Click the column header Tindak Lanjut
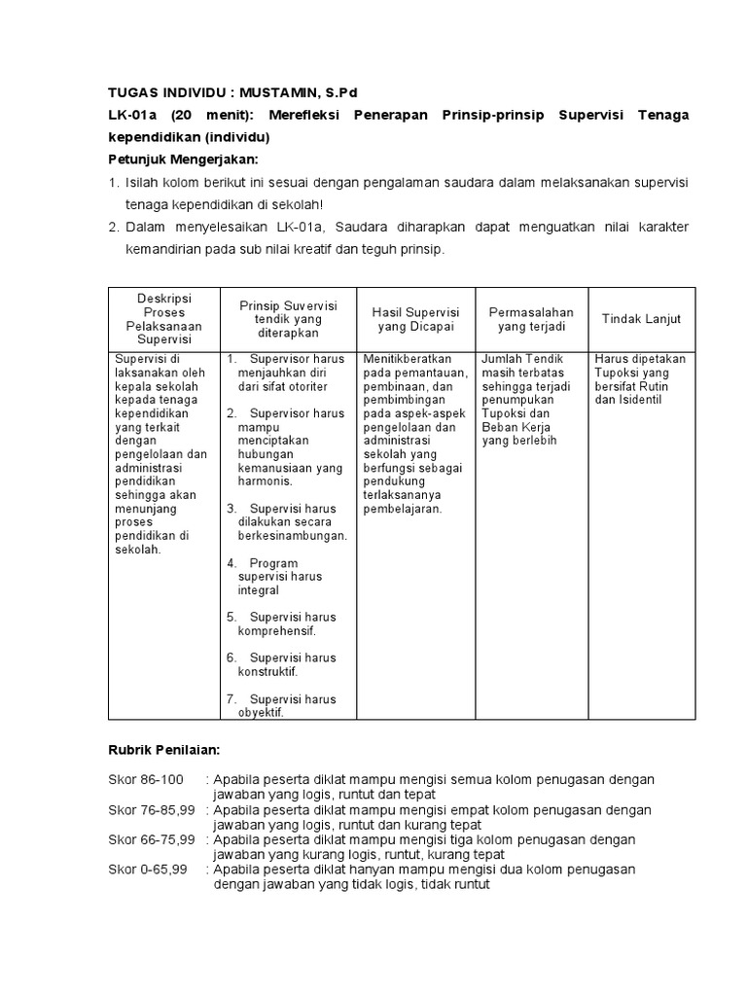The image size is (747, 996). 641,319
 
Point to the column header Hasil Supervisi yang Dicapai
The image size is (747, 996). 415,319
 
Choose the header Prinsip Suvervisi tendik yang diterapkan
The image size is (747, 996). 288,318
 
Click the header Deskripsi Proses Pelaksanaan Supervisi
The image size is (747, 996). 163,319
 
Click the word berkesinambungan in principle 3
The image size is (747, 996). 292,535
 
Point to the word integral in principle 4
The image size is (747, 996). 258,590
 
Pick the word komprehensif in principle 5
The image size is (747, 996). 276,630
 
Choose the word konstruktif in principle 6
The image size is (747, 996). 267,671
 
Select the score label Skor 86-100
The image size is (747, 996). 145,780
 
